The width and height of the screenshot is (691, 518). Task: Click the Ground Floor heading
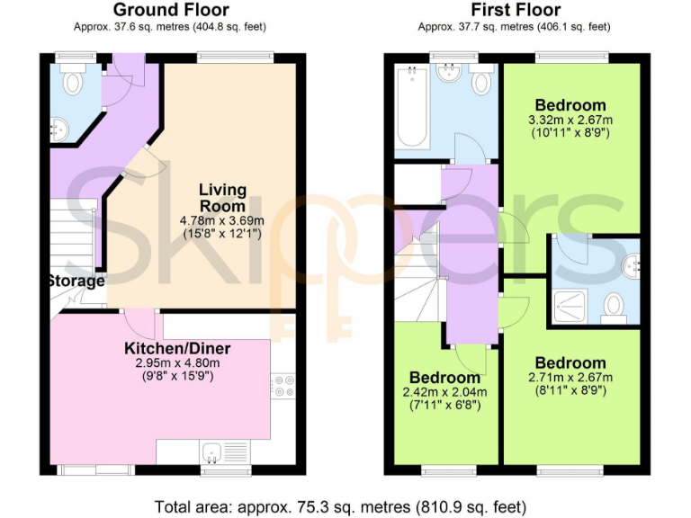(171, 11)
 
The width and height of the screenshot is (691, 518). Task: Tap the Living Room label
(222, 197)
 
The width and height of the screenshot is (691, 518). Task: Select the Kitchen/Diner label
(177, 348)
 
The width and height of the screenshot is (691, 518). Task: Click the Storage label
(76, 281)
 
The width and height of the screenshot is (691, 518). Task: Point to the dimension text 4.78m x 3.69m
(222, 220)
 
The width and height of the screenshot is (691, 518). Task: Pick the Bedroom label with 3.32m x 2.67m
(570, 105)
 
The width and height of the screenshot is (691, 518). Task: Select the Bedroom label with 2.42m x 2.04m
(444, 377)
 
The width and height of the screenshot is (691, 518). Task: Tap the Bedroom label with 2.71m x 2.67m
(570, 363)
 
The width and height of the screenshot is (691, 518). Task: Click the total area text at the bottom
(345, 505)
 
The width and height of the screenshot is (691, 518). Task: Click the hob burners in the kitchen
(284, 385)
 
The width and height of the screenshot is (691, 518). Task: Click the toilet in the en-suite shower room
(615, 306)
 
